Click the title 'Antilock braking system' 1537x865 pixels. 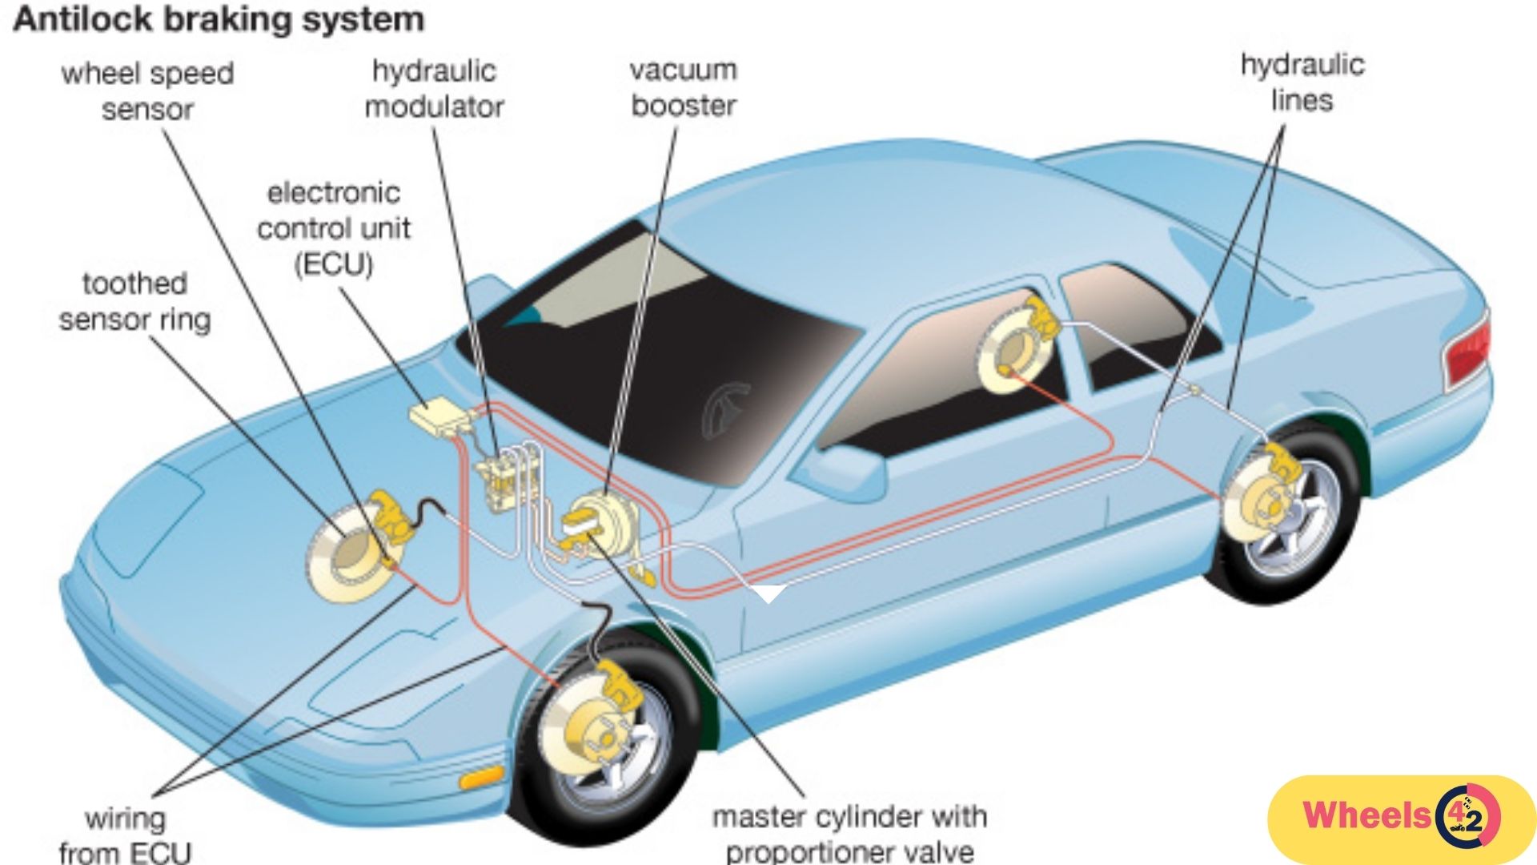click(x=218, y=19)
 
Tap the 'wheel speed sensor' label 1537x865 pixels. click(x=147, y=91)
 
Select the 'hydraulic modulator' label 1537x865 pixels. click(x=434, y=88)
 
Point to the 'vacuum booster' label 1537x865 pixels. click(x=683, y=87)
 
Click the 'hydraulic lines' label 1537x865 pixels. click(x=1302, y=82)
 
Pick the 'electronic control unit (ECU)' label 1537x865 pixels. click(x=334, y=228)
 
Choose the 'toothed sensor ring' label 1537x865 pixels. click(x=134, y=301)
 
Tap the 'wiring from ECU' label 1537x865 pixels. click(x=126, y=835)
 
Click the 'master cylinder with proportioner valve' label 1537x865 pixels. click(x=849, y=833)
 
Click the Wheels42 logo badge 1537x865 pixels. click(x=1401, y=818)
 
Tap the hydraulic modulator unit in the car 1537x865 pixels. click(x=504, y=481)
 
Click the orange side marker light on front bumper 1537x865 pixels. click(x=481, y=777)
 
